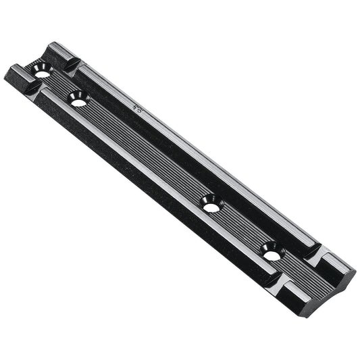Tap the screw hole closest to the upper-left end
tap(42, 69)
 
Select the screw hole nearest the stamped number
tap(78, 99)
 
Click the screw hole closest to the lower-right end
tap(272, 251)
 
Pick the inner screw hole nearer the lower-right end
tap(211, 203)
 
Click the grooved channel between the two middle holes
tap(145, 151)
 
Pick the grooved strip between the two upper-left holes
tap(60, 84)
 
